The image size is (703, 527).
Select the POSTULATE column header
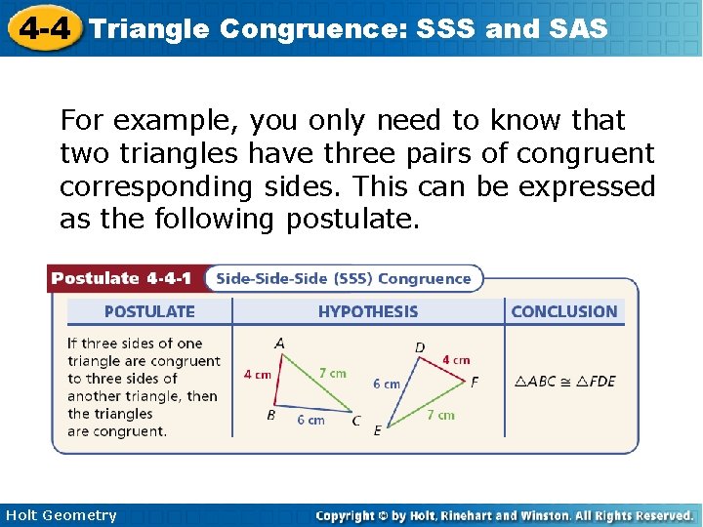tap(149, 311)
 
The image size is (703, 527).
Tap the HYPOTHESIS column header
tap(367, 311)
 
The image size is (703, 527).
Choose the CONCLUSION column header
tap(564, 311)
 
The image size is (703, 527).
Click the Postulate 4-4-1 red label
tap(123, 278)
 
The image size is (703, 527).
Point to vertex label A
tap(280, 344)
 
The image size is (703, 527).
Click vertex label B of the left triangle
tap(270, 414)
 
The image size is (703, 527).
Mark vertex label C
tap(355, 422)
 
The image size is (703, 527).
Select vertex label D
tap(420, 347)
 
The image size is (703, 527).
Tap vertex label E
tap(378, 430)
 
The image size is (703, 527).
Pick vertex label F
tap(475, 382)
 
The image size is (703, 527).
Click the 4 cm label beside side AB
tap(257, 375)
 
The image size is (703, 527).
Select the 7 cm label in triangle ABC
tap(332, 373)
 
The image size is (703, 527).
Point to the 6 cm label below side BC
tap(310, 420)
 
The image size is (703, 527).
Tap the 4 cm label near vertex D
tap(456, 359)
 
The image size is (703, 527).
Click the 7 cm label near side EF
tap(440, 415)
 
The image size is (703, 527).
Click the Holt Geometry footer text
tap(60, 515)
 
